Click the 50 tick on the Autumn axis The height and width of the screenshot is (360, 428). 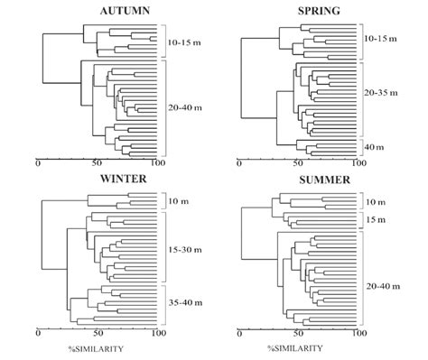(x=98, y=164)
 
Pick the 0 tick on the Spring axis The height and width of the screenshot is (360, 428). (x=239, y=164)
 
